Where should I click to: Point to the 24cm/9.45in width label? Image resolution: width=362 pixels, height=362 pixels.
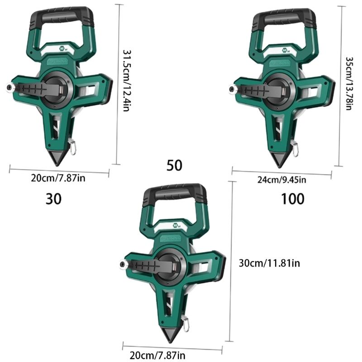(x=281, y=180)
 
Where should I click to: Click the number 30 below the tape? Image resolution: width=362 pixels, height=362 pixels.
(x=53, y=198)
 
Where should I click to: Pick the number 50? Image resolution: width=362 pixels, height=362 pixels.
(x=174, y=166)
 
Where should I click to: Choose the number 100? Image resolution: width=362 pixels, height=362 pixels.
(x=293, y=199)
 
